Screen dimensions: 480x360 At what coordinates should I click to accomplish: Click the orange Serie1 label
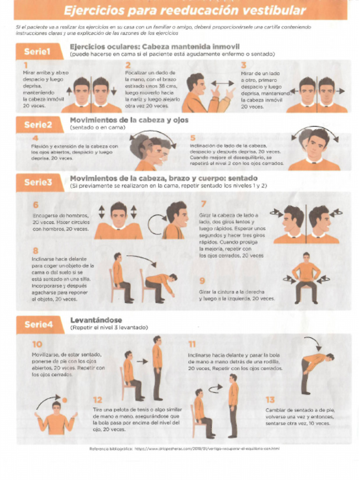point(37,52)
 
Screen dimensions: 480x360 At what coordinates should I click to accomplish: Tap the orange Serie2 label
point(37,125)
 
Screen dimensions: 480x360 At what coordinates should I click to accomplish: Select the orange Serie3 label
point(38,182)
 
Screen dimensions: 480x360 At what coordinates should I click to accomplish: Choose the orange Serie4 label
point(38,324)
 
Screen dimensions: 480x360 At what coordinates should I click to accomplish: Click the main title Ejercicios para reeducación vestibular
point(184,10)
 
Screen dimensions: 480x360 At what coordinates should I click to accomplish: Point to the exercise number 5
point(193,138)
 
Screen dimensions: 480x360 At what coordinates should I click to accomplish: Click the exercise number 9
point(202,281)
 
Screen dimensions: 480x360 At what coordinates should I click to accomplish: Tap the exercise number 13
point(270,400)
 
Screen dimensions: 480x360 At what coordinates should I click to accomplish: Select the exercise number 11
point(192,345)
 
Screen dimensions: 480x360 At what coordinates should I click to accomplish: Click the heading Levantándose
point(96,320)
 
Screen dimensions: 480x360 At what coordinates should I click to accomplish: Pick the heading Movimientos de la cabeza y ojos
point(129,120)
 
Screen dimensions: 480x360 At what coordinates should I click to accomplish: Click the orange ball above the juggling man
point(65,400)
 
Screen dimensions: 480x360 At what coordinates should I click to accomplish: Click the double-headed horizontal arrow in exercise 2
point(222,83)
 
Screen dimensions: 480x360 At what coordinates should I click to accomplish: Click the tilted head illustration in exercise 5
point(315,149)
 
